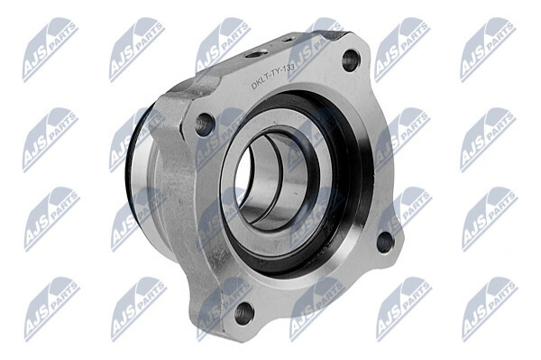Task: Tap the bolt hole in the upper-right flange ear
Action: point(351,60)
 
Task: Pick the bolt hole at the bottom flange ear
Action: point(244,314)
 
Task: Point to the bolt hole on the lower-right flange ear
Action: point(385,243)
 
